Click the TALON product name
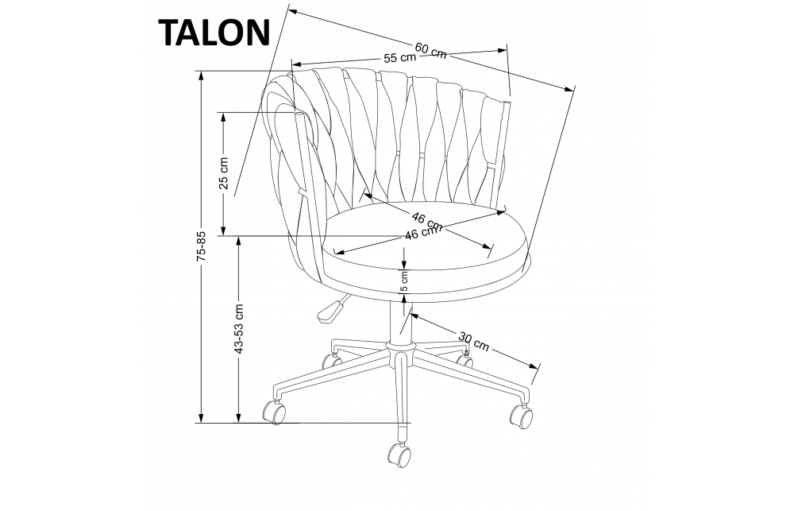pyautogui.click(x=215, y=33)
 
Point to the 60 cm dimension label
pyautogui.click(x=430, y=48)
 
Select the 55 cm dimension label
pyautogui.click(x=400, y=58)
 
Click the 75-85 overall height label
pyautogui.click(x=202, y=246)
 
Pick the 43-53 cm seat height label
pyautogui.click(x=238, y=328)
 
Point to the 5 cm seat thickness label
pyautogui.click(x=404, y=281)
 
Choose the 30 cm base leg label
pyautogui.click(x=473, y=341)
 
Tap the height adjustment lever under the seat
pyautogui.click(x=332, y=311)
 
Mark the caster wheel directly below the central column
pyautogui.click(x=399, y=455)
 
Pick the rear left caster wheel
pyautogui.click(x=328, y=362)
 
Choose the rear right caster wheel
pyautogui.click(x=463, y=359)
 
